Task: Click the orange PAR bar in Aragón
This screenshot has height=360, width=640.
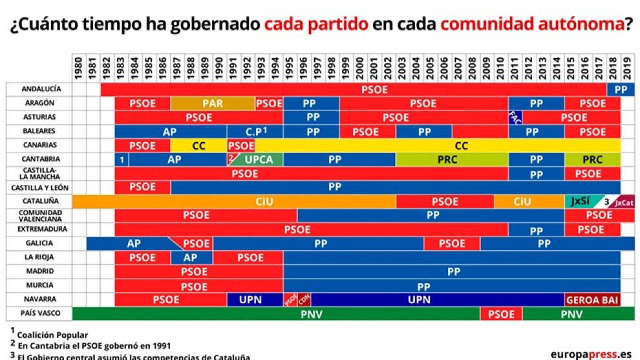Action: pos(213,103)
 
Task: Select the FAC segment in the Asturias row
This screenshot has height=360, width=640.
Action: pos(515,118)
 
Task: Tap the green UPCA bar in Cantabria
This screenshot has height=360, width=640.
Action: pos(258,160)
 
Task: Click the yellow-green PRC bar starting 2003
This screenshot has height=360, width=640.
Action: pos(451,160)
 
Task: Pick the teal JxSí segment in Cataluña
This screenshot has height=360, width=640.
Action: pos(580,202)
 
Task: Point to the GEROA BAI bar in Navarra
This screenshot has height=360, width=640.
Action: pos(592,300)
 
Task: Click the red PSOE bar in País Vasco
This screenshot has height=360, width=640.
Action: pos(501,314)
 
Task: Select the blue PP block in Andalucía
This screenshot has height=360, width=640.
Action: pos(621,90)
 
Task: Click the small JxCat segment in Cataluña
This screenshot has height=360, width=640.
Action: pos(624,202)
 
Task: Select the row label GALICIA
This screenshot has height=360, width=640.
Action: pos(39,244)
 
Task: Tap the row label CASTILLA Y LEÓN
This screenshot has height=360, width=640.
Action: pos(39,187)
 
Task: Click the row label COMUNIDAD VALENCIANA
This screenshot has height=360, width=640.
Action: pos(39,216)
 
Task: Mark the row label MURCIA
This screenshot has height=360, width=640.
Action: pos(39,286)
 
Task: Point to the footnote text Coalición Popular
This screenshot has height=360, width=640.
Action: pos(52,335)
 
